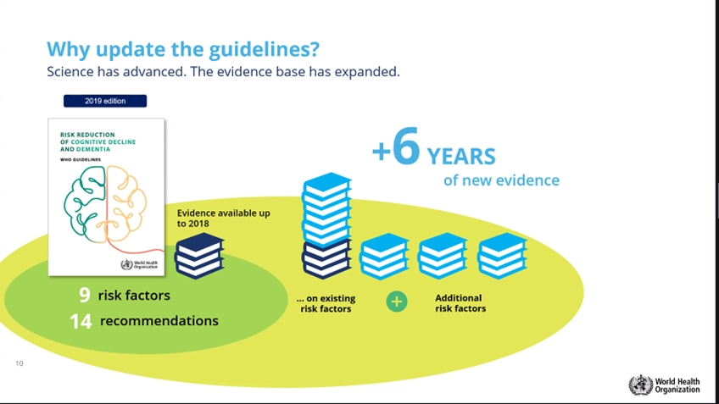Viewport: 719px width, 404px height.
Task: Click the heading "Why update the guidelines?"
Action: point(183,50)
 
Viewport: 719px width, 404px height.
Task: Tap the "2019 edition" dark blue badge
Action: point(105,101)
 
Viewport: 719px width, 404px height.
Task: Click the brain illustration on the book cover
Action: point(105,205)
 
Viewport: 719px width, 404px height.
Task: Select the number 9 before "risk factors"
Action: point(85,295)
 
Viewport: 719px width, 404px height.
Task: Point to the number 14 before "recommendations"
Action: point(81,321)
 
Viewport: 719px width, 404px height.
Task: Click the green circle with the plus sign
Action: point(397,302)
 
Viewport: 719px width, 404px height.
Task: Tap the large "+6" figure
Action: point(396,147)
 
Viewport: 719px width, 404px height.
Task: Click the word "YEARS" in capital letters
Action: point(461,157)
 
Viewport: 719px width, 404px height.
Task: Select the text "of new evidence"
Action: point(501,180)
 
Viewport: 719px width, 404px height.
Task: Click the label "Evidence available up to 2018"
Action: point(223,218)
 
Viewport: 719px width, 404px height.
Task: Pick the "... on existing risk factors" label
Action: point(326,303)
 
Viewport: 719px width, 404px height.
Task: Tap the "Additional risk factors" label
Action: point(460,302)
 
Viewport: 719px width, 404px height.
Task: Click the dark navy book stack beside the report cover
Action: point(199,256)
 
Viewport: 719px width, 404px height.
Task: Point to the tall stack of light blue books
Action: point(326,210)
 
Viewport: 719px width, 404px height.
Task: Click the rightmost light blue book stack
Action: point(502,256)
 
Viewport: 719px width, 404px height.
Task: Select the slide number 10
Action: point(20,363)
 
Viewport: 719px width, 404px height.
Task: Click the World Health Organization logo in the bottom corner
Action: point(664,385)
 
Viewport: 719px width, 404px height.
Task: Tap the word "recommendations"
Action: point(159,321)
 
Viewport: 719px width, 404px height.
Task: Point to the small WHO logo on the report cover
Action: point(139,265)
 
